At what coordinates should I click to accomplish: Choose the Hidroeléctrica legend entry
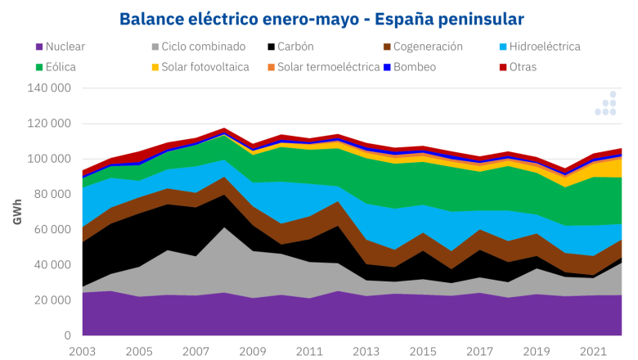coord(543,47)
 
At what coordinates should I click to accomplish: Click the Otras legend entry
coord(522,67)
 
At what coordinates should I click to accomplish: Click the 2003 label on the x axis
coord(83,350)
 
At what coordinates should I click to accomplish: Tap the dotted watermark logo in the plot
coord(605,104)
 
